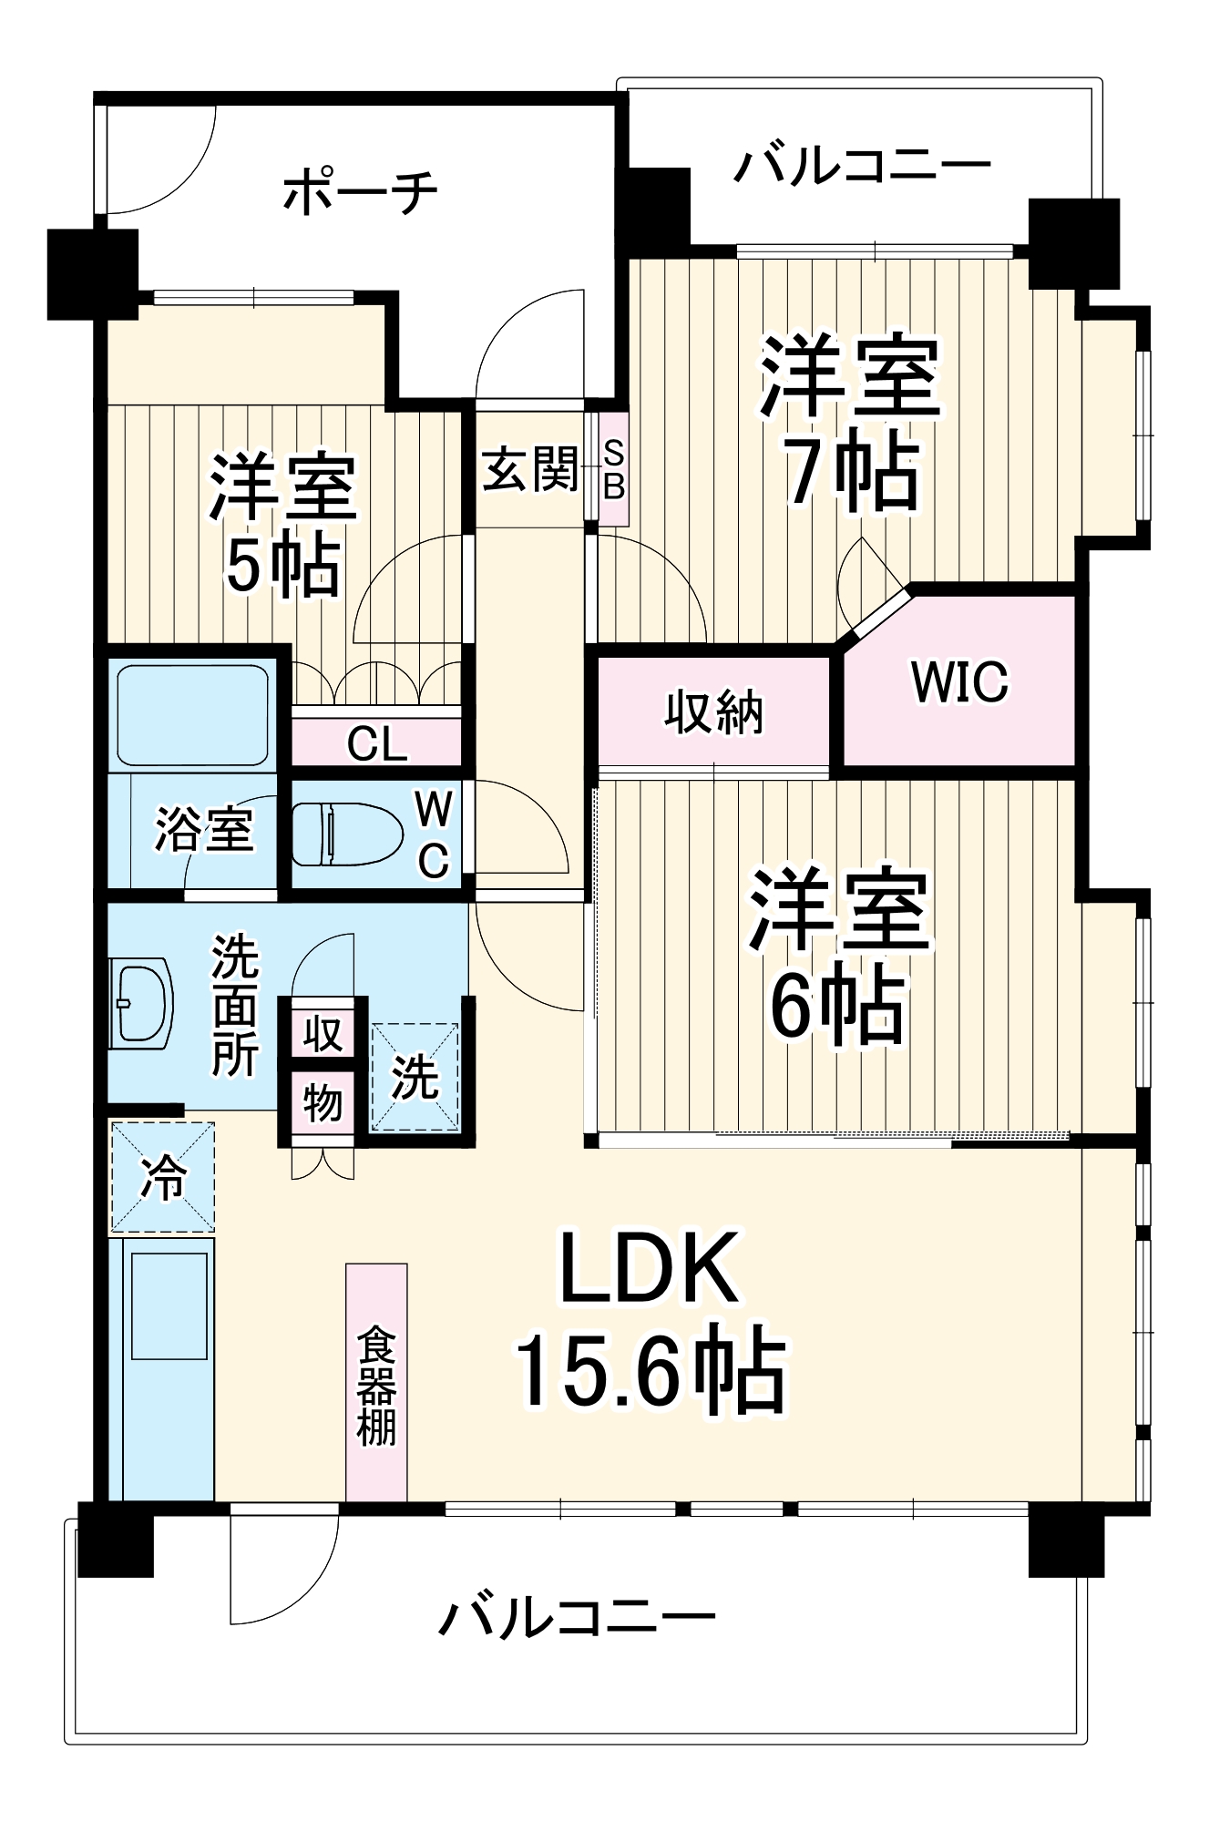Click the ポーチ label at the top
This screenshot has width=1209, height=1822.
click(x=361, y=192)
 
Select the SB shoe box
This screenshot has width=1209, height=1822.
click(x=614, y=470)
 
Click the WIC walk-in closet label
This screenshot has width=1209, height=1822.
click(x=960, y=681)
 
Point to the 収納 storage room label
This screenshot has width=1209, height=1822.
click(x=713, y=711)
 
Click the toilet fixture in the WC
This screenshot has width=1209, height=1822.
click(x=346, y=834)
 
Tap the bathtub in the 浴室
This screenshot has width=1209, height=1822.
click(x=192, y=715)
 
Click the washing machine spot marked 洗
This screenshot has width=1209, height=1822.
click(x=415, y=1077)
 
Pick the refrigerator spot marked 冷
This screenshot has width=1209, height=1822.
click(x=163, y=1177)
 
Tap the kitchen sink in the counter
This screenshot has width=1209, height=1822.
click(x=169, y=1305)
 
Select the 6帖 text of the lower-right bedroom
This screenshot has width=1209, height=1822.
click(x=838, y=1006)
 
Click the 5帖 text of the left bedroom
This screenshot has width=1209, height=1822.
click(x=283, y=565)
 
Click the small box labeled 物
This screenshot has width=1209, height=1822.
click(x=323, y=1104)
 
